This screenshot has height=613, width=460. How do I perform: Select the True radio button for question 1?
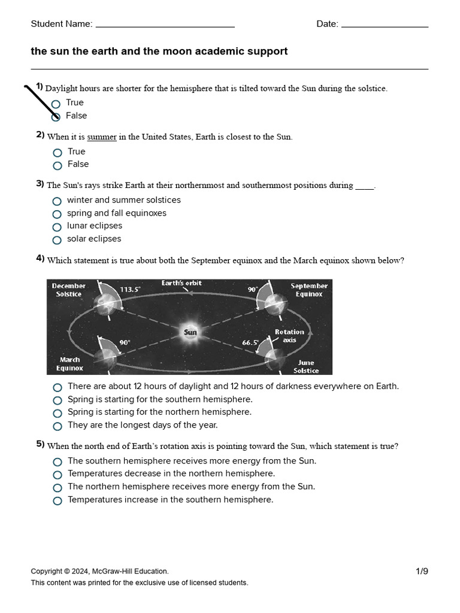(x=56, y=104)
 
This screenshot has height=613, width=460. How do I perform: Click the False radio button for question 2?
(x=57, y=165)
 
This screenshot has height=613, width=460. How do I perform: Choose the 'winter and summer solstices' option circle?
(x=57, y=201)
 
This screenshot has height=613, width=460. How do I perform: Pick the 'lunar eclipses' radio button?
(x=57, y=227)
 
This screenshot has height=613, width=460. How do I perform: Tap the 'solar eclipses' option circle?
(x=57, y=240)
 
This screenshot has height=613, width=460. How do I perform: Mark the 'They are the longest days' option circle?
(x=57, y=426)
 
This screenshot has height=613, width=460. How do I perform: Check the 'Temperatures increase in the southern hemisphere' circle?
(x=57, y=500)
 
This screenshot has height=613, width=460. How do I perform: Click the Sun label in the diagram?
(x=190, y=332)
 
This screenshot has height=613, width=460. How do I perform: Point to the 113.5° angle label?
(x=130, y=289)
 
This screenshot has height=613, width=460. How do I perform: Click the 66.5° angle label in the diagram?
(x=250, y=342)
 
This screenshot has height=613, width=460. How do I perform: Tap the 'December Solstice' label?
(x=69, y=290)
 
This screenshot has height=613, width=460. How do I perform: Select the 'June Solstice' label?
(x=306, y=366)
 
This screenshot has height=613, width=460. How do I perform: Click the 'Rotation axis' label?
(x=289, y=336)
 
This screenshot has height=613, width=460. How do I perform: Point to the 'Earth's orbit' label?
(x=181, y=283)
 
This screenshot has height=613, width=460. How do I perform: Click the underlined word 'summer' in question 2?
(x=102, y=137)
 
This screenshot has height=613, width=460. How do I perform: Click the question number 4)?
(x=40, y=259)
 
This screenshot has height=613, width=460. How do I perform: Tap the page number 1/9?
(x=422, y=571)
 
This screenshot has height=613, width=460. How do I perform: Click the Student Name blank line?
(x=165, y=25)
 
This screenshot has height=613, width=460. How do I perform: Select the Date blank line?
(x=385, y=25)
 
